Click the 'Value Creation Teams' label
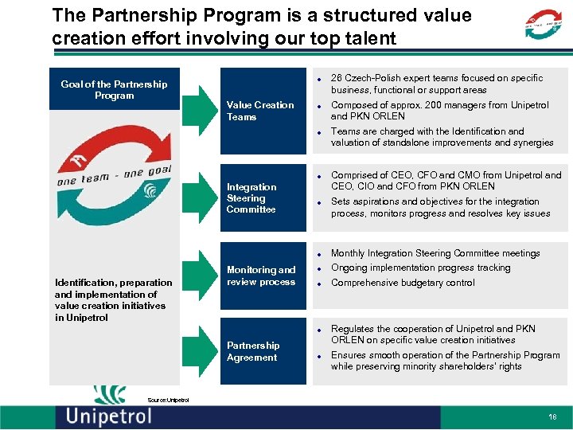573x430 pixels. (x=259, y=111)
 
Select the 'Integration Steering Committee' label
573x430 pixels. (x=251, y=198)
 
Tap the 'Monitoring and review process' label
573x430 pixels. (x=260, y=276)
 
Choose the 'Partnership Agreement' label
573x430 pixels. (x=252, y=351)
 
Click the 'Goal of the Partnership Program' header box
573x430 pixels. (x=114, y=90)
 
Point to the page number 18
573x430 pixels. (x=552, y=416)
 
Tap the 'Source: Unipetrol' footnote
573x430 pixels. (x=168, y=400)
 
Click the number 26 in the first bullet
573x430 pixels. (x=337, y=78)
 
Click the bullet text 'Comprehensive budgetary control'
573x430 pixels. (x=402, y=283)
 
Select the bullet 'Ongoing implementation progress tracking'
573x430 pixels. (x=420, y=268)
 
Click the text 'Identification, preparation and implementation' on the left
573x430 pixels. (x=113, y=288)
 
